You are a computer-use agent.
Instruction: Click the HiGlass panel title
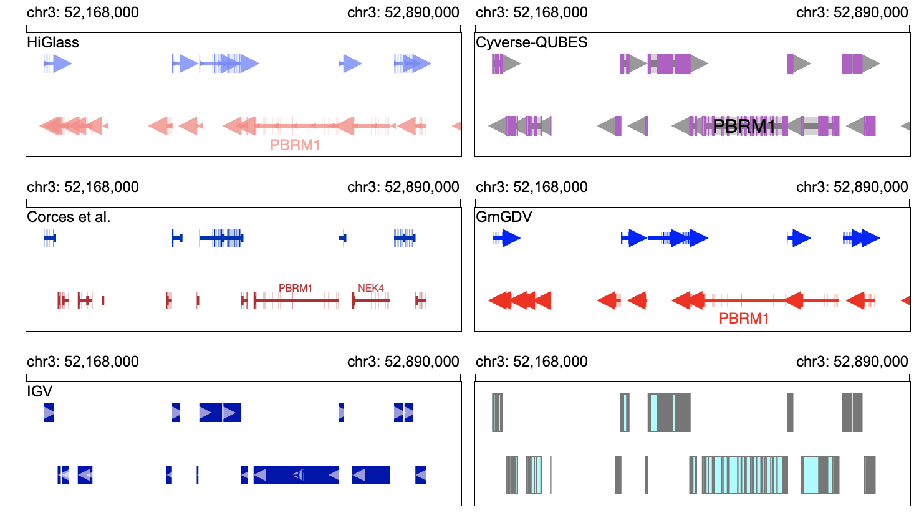(x=53, y=42)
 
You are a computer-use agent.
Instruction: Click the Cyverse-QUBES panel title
(x=532, y=42)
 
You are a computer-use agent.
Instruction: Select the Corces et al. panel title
(x=69, y=216)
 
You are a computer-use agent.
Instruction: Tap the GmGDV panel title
(x=504, y=216)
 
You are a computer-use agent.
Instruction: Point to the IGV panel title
(x=39, y=391)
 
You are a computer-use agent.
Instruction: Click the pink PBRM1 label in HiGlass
(x=295, y=145)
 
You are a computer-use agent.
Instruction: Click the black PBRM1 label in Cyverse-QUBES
(x=744, y=127)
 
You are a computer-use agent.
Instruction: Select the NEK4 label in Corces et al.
(x=371, y=289)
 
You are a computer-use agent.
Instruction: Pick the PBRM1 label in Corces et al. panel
(x=296, y=289)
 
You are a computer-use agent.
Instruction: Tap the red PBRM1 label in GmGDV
(x=744, y=319)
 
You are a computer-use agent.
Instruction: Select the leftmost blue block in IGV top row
(x=49, y=413)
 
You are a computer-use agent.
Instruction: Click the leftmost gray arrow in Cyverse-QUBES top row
(x=512, y=64)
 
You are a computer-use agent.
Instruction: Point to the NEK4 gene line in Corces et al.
(x=372, y=300)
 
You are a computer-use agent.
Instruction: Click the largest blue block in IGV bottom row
(x=296, y=475)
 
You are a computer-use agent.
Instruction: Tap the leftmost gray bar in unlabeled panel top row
(x=498, y=413)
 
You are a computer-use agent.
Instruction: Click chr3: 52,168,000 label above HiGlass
(x=83, y=12)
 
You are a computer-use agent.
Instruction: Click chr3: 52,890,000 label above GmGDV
(x=852, y=187)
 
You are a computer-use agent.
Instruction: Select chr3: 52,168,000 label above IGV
(x=83, y=362)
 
